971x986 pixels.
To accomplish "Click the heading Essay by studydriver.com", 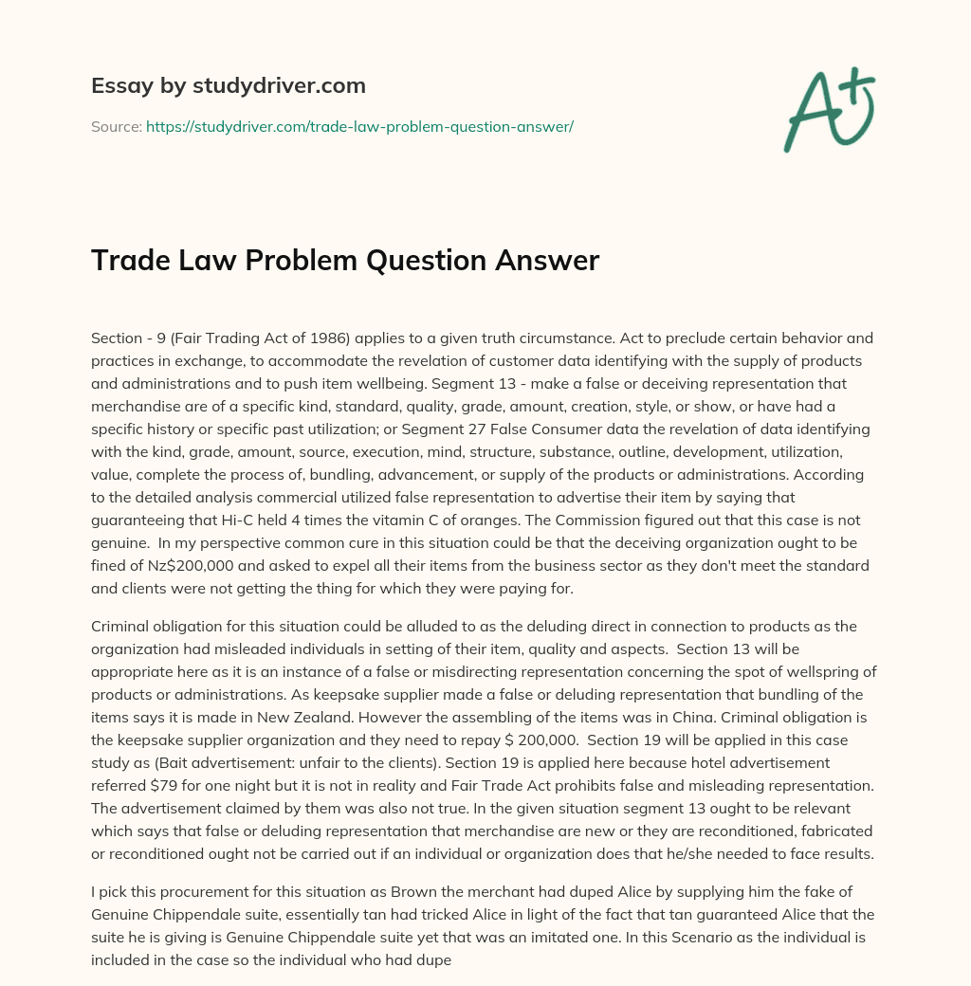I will pyautogui.click(x=228, y=85).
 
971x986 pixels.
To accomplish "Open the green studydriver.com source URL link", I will pyautogui.click(x=359, y=126).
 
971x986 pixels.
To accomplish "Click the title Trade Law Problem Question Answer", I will pyautogui.click(x=345, y=260).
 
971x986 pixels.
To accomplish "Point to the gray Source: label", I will pyautogui.click(x=116, y=126).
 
